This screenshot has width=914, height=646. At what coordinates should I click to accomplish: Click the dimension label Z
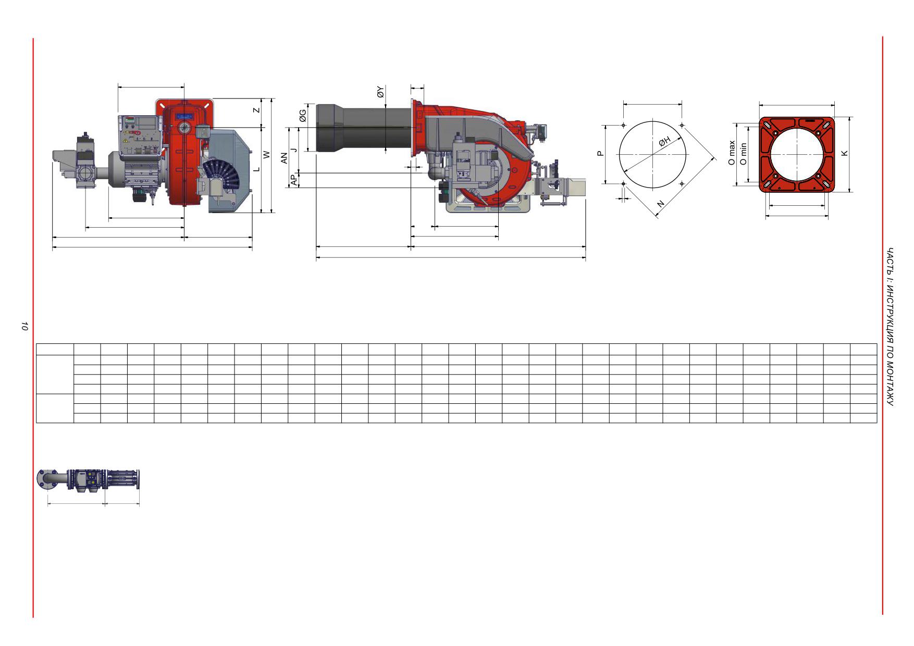(256, 110)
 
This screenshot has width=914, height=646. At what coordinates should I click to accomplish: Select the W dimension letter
(266, 155)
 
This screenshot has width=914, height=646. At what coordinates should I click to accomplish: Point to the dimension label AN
(284, 158)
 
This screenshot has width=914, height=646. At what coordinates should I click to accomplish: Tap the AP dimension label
(294, 180)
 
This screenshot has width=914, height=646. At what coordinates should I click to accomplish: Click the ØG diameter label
(302, 117)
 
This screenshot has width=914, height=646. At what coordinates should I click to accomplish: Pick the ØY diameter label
(380, 93)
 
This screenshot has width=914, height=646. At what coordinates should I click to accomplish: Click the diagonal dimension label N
(661, 204)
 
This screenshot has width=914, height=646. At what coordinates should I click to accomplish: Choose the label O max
(732, 153)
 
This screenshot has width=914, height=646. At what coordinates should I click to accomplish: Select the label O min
(743, 154)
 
